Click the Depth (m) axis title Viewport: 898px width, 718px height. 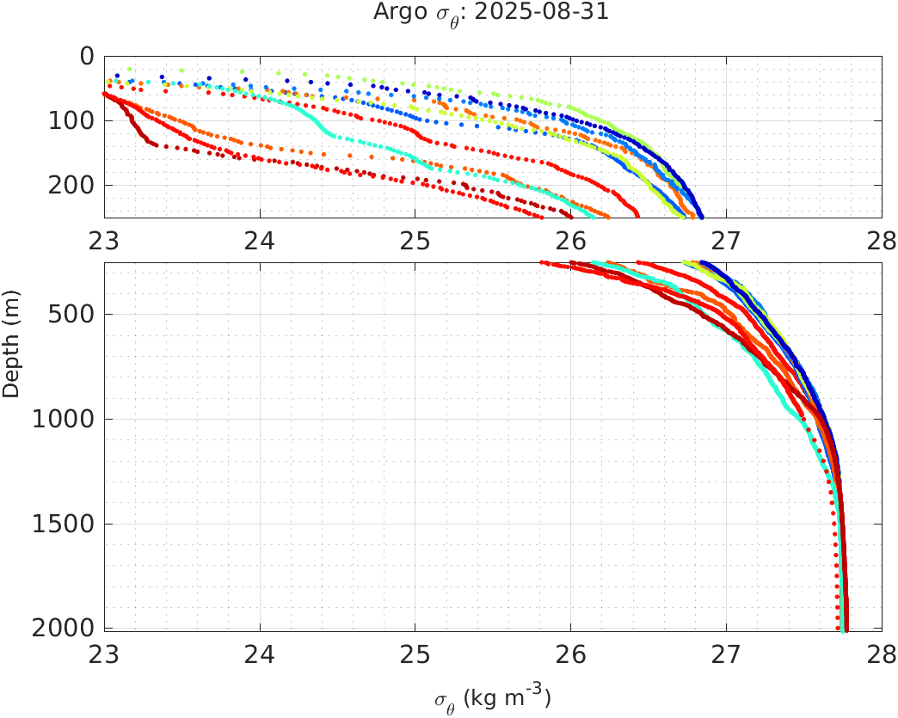pyautogui.click(x=12, y=344)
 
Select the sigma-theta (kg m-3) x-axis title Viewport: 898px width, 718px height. pyautogui.click(x=492, y=698)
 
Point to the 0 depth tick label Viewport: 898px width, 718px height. pyautogui.click(x=87, y=57)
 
